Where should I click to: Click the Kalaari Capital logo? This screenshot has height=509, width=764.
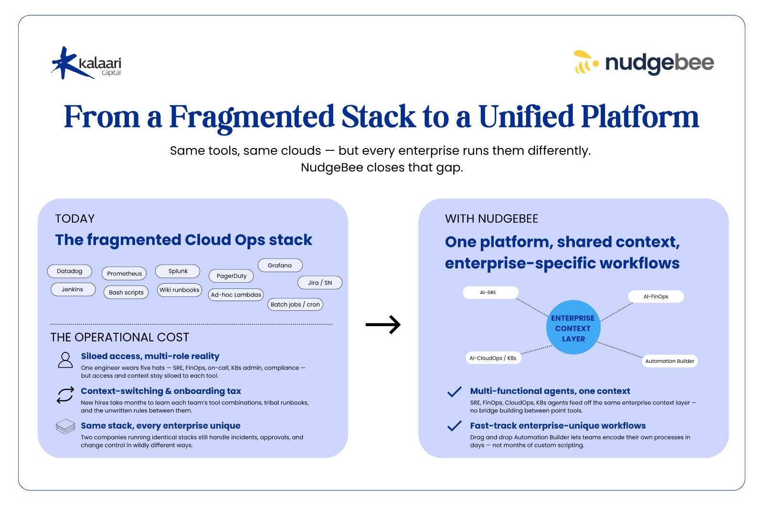point(86,63)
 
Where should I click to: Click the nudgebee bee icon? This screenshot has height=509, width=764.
point(585,63)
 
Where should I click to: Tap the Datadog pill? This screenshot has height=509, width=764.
point(70,271)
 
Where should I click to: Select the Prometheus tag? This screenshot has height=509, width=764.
point(124,274)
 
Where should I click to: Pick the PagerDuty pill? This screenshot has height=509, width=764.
point(232,276)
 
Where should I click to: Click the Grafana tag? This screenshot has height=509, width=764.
point(280,265)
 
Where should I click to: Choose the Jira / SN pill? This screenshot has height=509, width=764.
point(320,283)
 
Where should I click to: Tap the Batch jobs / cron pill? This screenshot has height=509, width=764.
point(295,305)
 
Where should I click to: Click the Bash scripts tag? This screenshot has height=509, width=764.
point(126,292)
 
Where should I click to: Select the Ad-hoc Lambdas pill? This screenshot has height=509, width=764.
point(236,295)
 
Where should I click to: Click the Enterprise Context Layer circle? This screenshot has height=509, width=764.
point(573,328)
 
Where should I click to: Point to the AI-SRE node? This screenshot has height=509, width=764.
point(490,293)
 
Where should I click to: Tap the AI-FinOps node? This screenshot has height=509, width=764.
point(656,297)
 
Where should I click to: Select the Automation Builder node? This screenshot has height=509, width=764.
point(669,361)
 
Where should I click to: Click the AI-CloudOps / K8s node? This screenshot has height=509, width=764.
point(493,358)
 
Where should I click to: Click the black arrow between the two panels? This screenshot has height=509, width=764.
point(383,325)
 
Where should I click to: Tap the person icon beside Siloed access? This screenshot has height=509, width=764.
point(65,360)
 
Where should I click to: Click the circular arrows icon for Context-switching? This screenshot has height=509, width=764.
point(65,395)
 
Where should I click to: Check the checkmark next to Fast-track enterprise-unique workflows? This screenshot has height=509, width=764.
point(454,426)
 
